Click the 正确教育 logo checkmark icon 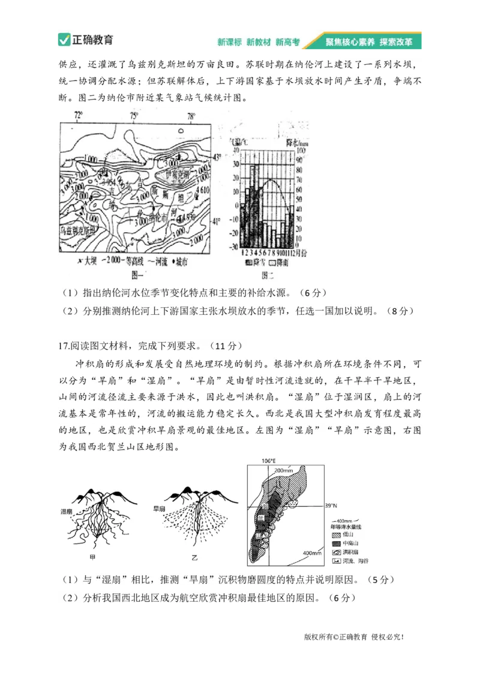[x=65, y=40]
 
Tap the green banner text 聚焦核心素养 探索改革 [x=368, y=42]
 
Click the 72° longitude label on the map [x=78, y=115]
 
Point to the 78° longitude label [x=191, y=116]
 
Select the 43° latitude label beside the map [x=218, y=157]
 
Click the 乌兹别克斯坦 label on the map [x=79, y=229]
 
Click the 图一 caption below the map [x=139, y=275]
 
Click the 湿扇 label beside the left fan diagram [x=67, y=511]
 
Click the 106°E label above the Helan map [x=268, y=461]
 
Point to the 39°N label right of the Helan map [x=331, y=506]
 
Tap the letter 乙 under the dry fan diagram [x=194, y=558]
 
